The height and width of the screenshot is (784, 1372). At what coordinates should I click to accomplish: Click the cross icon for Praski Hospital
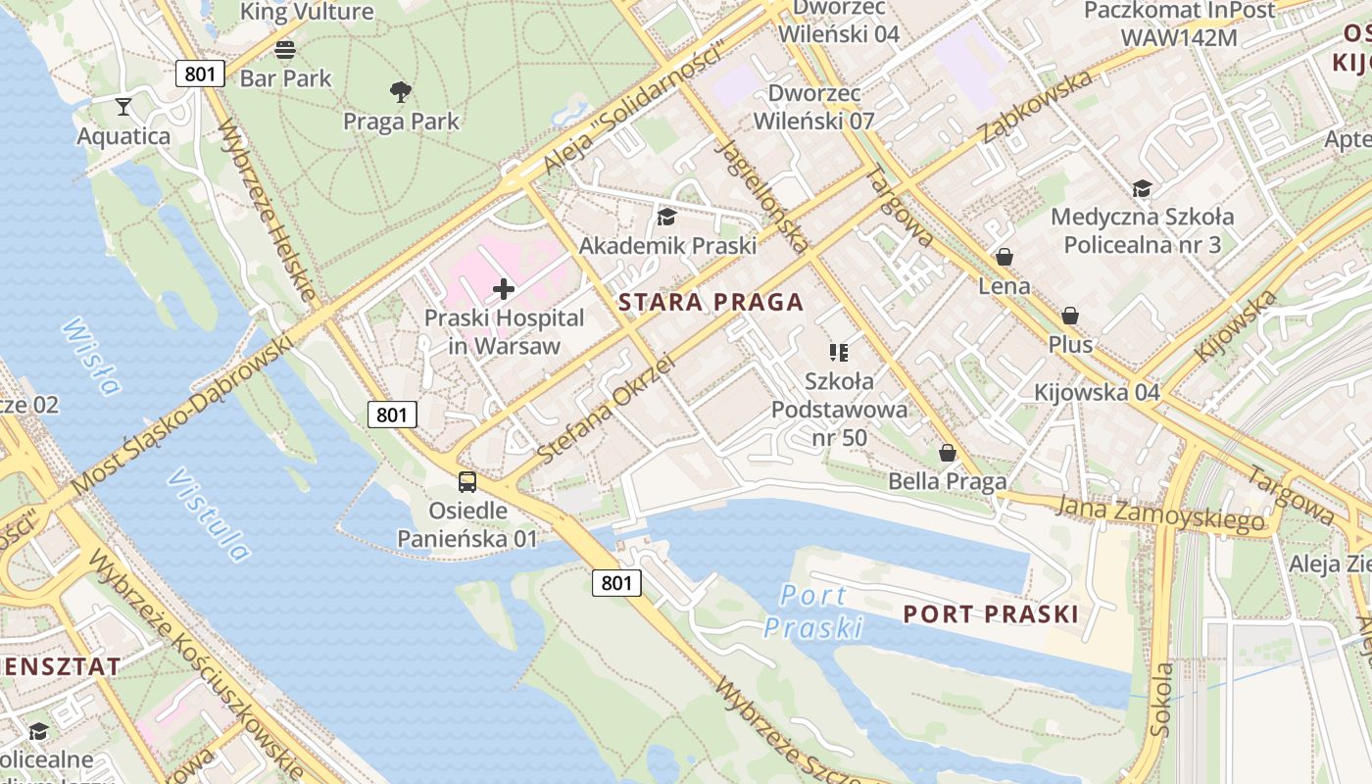pos(504,289)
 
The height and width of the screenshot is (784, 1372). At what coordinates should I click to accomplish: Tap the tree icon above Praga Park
pos(400,92)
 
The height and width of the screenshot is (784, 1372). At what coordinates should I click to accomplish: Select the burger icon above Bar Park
pos(285,49)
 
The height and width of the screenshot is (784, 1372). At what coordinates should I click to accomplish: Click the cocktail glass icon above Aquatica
pos(123,106)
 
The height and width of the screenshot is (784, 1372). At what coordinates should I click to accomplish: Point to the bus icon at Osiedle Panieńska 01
pos(467,481)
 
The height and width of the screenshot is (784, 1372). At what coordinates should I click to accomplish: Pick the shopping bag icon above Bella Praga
pos(947,453)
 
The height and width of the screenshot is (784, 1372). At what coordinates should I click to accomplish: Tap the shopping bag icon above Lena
pos(1004,258)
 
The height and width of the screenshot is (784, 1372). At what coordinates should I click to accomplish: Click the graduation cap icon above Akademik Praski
pos(667,217)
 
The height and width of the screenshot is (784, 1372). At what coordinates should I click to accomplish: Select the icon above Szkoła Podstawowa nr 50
pos(838,352)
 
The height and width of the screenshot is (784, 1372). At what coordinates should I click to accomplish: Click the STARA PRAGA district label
pos(711,302)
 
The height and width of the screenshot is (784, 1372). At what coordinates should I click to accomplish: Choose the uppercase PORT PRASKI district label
pos(990,614)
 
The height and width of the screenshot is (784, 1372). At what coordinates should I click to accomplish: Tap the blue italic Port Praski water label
pos(813,611)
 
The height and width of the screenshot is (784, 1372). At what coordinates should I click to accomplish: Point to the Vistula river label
pos(209,514)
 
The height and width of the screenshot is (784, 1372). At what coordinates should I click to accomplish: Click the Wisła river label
pos(90,356)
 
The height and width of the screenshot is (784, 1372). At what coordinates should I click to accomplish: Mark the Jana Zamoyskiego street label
pos(1160,513)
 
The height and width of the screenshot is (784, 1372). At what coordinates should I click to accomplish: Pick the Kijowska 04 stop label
pos(1097,393)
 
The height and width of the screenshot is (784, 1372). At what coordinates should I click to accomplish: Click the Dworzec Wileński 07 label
pos(821,107)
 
